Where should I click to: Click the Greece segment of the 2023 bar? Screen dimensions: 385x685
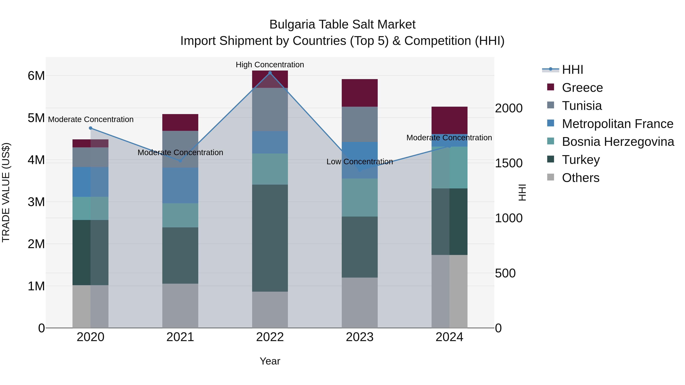359,93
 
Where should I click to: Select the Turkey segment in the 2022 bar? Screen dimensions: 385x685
270,238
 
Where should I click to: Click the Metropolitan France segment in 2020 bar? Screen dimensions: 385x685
90,182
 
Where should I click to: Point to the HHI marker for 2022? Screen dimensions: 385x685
270,73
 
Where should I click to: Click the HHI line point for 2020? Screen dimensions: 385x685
90,128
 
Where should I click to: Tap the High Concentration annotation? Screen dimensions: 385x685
270,65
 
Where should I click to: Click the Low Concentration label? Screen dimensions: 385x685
359,162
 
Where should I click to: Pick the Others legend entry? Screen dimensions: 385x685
581,178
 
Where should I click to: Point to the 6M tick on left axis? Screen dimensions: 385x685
36,76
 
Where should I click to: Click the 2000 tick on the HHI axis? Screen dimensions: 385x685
509,108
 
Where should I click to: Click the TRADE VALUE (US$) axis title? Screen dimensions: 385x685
6,192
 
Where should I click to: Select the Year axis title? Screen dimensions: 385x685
270,361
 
